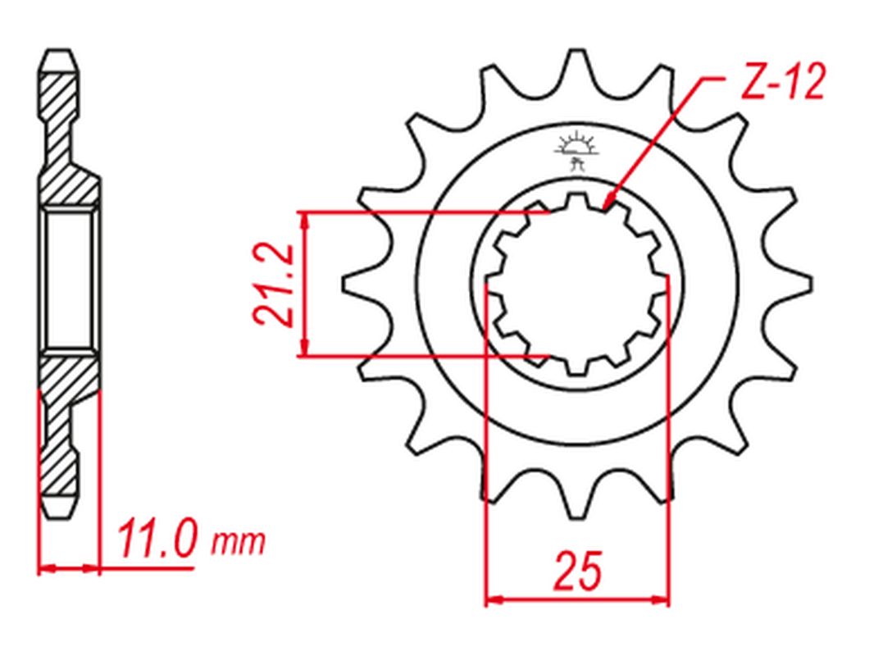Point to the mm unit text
239,541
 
